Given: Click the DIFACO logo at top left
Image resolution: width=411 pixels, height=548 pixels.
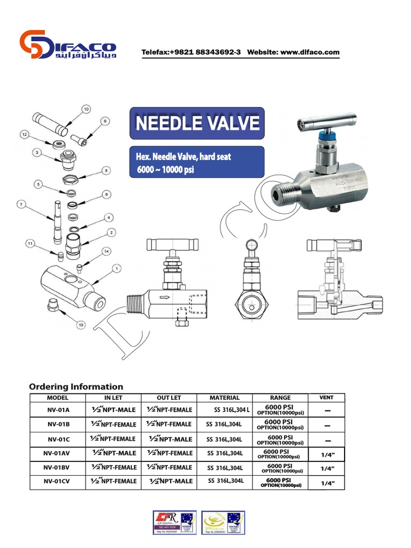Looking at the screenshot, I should [73, 46].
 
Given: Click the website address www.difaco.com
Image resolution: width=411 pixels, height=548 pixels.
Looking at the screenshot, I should [310, 52].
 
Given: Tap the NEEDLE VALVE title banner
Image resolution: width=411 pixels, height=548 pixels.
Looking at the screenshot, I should [197, 124].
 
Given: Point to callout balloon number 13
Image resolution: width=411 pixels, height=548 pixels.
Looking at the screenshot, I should [82, 325].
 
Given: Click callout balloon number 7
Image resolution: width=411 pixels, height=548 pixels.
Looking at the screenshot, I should [22, 204].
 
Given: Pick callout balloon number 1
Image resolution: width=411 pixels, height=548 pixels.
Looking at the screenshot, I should [117, 267].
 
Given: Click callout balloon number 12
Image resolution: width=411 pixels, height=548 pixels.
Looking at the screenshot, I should [24, 134].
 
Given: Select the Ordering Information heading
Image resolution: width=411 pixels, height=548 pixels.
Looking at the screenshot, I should [76, 386].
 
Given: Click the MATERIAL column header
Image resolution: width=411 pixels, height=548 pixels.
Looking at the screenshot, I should [225, 398].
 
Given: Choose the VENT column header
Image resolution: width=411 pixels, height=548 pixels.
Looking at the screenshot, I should [326, 398].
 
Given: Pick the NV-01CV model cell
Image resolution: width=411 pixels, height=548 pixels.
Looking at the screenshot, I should [58, 482].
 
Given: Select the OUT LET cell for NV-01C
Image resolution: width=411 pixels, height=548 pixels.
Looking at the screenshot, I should [170, 439].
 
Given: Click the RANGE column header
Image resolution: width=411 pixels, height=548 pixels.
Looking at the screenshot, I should [280, 398].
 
